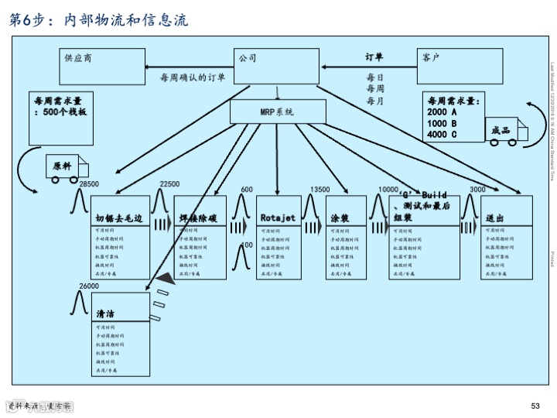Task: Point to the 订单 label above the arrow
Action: click(x=374, y=57)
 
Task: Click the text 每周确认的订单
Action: click(x=193, y=77)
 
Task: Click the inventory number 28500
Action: click(x=89, y=183)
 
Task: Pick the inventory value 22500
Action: click(x=169, y=183)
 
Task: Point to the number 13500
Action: click(x=320, y=190)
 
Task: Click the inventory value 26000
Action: click(x=89, y=286)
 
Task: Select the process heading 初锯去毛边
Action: click(x=119, y=218)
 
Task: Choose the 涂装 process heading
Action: click(x=340, y=218)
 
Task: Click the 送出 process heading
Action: click(x=495, y=218)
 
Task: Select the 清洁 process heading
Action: click(x=105, y=315)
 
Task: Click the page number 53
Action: click(x=535, y=406)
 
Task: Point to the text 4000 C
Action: click(x=442, y=135)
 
